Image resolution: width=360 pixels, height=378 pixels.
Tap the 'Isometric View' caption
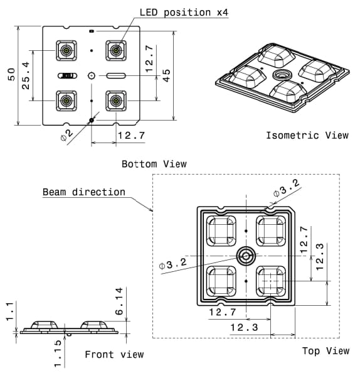pos(307,135)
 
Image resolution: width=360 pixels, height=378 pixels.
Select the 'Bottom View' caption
pos(154,164)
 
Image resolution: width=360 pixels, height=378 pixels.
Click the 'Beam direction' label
pos(84,192)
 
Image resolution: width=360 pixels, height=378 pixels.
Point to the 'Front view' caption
pos(114,355)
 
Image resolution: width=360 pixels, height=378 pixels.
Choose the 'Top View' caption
pos(326,350)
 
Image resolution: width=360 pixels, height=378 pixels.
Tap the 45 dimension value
pos(166,75)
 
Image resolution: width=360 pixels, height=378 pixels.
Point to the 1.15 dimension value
pos(58,354)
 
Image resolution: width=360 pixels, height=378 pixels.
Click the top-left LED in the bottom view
pos(65,50)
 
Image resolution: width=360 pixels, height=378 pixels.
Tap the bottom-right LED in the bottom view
pos(115,100)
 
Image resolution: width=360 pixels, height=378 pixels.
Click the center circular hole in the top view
pos(245,255)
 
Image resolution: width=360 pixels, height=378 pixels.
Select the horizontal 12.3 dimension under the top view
pos(244,327)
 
